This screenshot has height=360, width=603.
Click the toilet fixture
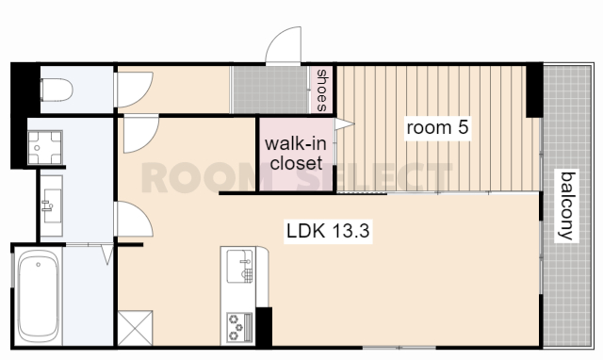tap(57, 90)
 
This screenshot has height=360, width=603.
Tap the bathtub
tap(38, 297)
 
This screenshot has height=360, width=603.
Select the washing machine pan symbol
tap(45, 147)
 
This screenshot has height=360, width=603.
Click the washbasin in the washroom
tap(52, 205)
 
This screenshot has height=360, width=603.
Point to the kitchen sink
tap(239, 266)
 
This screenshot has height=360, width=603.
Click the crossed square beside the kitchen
tap(135, 328)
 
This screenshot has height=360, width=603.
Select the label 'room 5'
tap(437, 127)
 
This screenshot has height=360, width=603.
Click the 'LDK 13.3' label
tap(328, 231)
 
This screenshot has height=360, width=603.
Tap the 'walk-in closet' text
tap(296, 153)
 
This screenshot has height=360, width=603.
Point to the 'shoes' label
tap(321, 90)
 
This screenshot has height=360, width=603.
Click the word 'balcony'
tap(567, 206)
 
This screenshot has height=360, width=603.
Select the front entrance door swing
tap(284, 44)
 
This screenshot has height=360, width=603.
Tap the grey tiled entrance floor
tap(270, 90)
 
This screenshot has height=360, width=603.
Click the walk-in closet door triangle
tap(344, 124)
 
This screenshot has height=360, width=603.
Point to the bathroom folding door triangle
tap(106, 254)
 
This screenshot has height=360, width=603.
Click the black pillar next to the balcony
tap(534, 90)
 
